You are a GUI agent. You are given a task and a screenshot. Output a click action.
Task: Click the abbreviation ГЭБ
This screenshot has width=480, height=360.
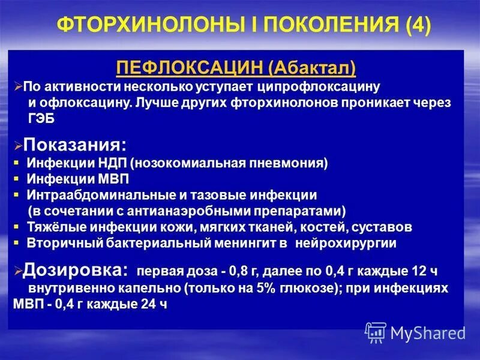click(41, 119)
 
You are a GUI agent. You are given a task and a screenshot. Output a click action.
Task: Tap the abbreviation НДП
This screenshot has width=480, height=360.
click(109, 164)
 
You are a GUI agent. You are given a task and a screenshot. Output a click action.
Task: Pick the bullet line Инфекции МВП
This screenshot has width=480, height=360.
click(78, 179)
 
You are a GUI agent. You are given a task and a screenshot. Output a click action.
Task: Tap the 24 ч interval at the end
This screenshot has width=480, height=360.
click(154, 304)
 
